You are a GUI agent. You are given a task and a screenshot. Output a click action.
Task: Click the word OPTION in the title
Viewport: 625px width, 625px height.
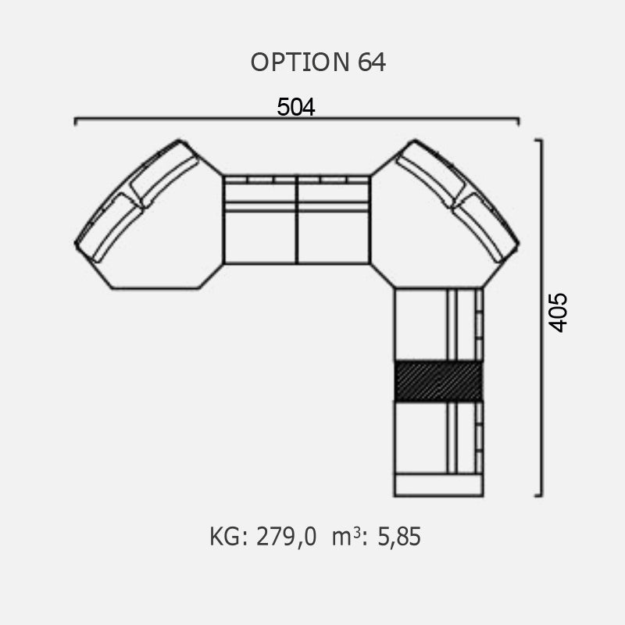click(x=300, y=62)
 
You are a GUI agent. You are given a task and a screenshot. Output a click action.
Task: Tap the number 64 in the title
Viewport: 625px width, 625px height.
click(x=372, y=62)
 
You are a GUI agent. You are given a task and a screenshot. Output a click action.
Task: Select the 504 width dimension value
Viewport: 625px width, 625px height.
click(x=296, y=107)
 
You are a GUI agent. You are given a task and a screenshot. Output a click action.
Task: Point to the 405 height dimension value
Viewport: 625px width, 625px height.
click(x=558, y=313)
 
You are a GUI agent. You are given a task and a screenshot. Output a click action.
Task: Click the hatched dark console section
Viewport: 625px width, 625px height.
click(x=438, y=381)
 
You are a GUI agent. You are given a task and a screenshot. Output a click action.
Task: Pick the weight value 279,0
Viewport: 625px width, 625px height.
click(x=286, y=537)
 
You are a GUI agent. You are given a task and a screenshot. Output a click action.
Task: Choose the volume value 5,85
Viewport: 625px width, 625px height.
click(x=399, y=537)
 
